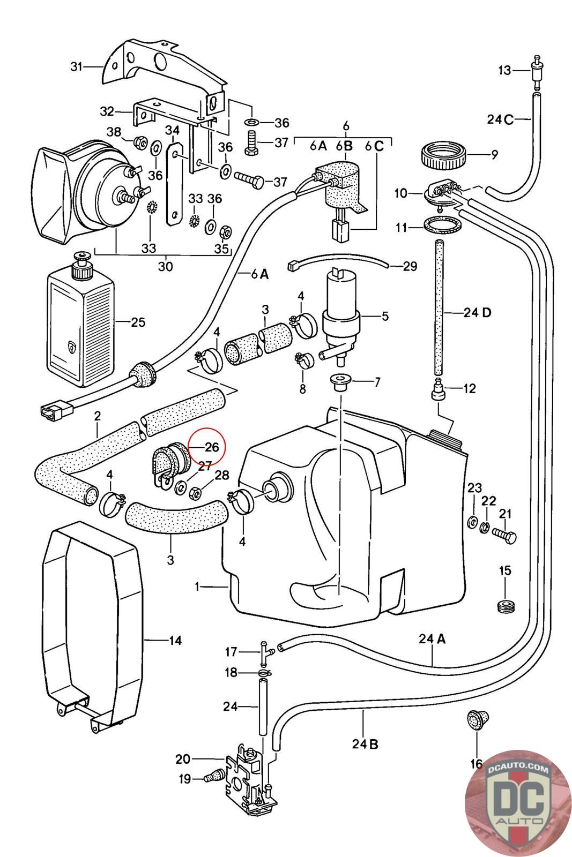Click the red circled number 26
[x=212, y=447]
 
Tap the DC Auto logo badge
[x=518, y=803]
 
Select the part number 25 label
[x=138, y=322]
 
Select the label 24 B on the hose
[x=366, y=744]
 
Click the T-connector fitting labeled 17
[x=266, y=651]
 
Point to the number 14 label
[x=175, y=640]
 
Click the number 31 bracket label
[x=77, y=66]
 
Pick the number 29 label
[x=410, y=266]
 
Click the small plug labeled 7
[x=339, y=382]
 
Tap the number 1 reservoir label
[x=198, y=587]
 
